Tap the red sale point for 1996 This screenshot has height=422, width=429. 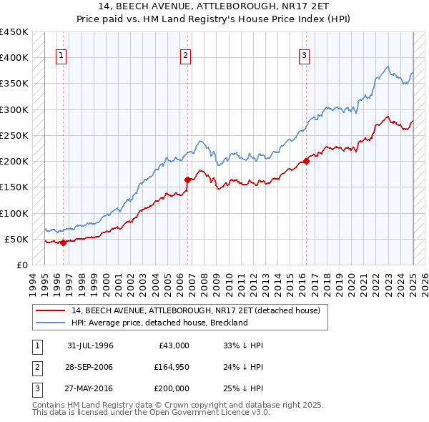point(63,242)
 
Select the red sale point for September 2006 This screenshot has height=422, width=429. point(187,180)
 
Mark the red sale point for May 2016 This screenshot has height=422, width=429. point(306,161)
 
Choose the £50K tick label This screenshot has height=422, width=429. point(17,239)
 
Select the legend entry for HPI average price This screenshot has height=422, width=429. point(159,323)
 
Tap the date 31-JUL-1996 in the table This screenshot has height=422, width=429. point(90,345)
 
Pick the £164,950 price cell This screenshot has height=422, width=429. point(171,367)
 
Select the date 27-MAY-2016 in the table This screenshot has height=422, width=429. point(90,388)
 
